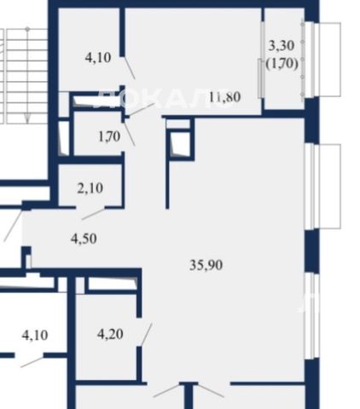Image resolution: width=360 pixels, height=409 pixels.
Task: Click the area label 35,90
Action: [206, 265]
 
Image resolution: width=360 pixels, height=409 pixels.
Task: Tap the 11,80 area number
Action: [225, 97]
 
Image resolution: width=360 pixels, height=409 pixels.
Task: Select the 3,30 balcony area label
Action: [282, 45]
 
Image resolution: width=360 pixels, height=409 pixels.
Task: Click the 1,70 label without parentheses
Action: [109, 137]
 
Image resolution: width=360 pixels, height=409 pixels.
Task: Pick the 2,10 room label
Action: [90, 188]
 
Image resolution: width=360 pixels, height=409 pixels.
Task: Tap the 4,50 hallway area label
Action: [84, 239]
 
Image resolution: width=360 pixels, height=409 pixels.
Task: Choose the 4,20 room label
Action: [110, 334]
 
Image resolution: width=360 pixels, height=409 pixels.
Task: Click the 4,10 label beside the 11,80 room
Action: [98, 58]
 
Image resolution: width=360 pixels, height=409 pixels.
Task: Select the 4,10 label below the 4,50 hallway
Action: [35, 336]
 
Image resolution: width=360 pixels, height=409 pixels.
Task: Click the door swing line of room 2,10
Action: [94, 214]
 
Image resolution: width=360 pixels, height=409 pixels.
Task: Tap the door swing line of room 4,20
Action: [147, 335]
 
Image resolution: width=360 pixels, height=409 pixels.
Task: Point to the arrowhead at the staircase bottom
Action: [27, 118]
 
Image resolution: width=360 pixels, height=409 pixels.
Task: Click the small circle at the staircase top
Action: [27, 29]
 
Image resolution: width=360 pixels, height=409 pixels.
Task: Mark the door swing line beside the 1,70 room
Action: [130, 134]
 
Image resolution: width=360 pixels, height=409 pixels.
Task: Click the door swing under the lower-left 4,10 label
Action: [32, 362]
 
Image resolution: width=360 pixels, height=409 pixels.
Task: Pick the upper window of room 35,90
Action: [322, 187]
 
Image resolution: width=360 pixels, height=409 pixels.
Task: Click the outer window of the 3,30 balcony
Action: [322, 60]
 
